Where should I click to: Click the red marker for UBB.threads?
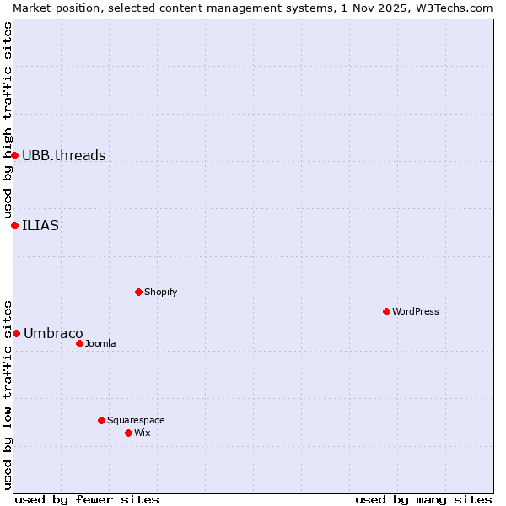(x=14, y=155)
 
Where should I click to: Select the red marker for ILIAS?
(x=14, y=225)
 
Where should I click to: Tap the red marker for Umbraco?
(x=16, y=333)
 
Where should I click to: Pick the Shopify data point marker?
(x=138, y=292)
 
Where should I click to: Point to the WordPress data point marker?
(x=386, y=311)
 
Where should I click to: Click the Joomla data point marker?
(x=79, y=343)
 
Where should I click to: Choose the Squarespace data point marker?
(x=101, y=420)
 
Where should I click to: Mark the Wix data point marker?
(x=128, y=433)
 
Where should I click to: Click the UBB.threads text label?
(x=63, y=155)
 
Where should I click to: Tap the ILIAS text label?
(x=40, y=225)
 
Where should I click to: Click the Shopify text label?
(x=160, y=292)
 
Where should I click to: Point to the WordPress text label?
(x=416, y=311)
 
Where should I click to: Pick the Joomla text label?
(x=100, y=343)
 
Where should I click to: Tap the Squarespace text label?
(x=136, y=420)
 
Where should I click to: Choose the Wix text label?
(x=142, y=433)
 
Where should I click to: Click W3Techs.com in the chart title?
(x=458, y=8)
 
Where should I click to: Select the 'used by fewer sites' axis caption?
(x=87, y=499)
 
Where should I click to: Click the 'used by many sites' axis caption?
(x=423, y=499)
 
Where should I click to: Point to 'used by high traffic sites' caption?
(x=8, y=120)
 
